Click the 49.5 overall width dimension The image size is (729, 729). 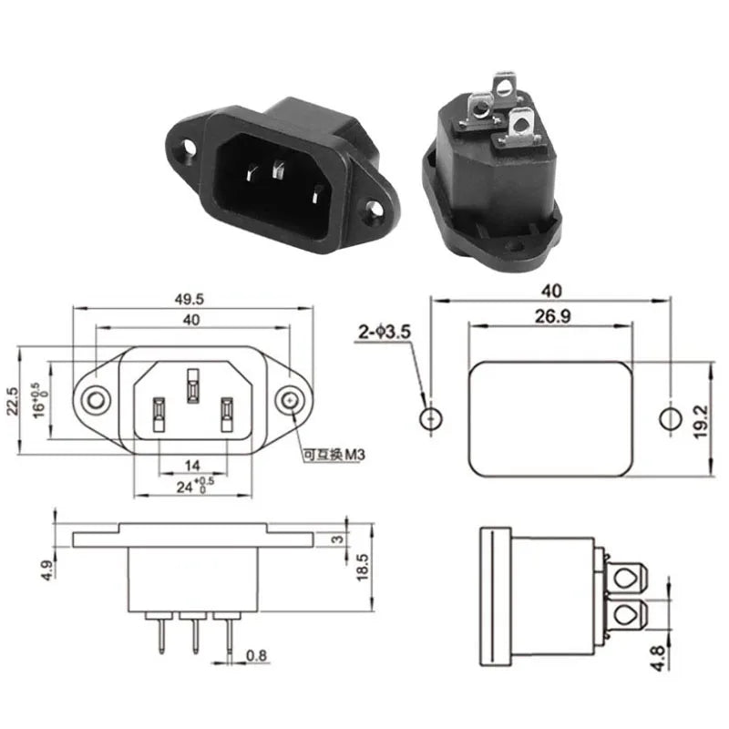pyautogui.click(x=191, y=298)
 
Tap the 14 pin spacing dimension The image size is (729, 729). pyautogui.click(x=191, y=465)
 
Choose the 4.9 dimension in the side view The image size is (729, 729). pyautogui.click(x=44, y=570)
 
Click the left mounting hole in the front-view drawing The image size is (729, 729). pyautogui.click(x=95, y=400)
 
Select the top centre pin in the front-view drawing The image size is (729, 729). pyautogui.click(x=192, y=385)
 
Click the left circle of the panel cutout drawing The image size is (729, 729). pyautogui.click(x=430, y=419)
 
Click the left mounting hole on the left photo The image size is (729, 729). pyautogui.click(x=189, y=145)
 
